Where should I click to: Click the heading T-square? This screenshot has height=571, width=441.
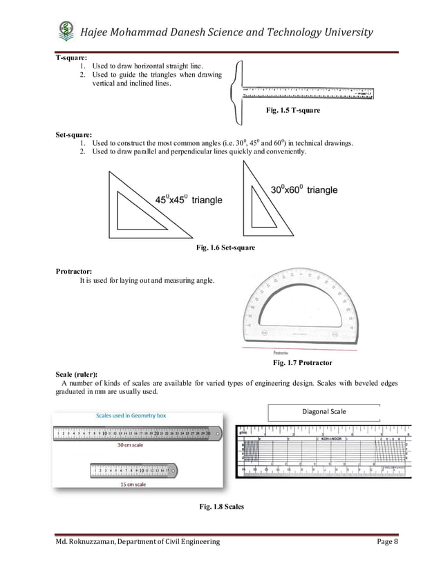(72, 57)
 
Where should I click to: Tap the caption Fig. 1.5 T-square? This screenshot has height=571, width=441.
(293, 111)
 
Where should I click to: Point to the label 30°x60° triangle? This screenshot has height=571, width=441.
(303, 189)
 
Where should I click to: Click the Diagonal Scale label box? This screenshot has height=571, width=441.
(323, 412)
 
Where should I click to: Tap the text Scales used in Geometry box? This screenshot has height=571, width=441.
(135, 415)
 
